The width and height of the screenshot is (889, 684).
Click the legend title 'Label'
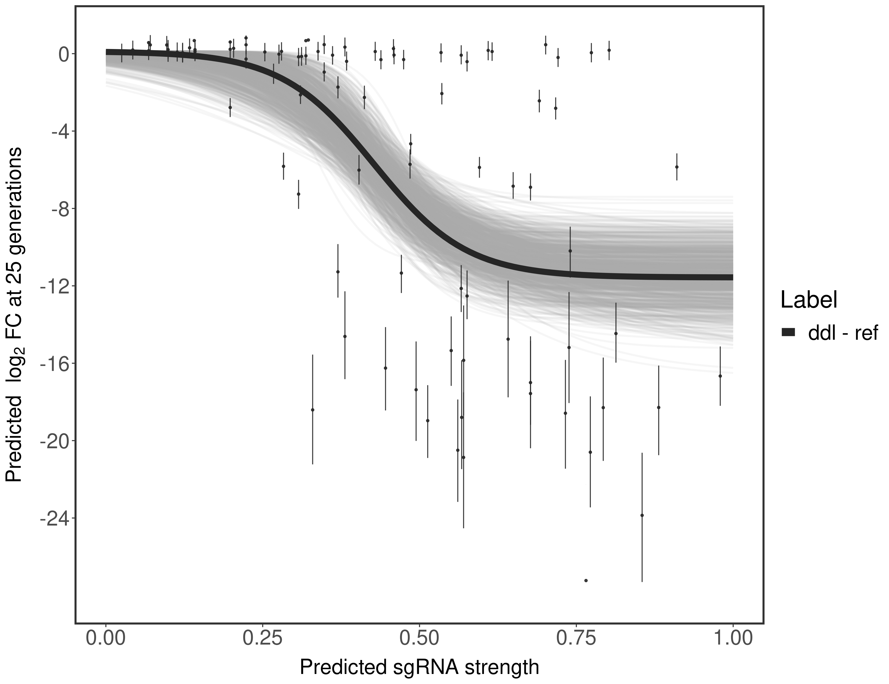click(809, 300)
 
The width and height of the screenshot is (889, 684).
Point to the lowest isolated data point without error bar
click(586, 580)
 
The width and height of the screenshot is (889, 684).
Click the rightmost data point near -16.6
click(720, 376)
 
